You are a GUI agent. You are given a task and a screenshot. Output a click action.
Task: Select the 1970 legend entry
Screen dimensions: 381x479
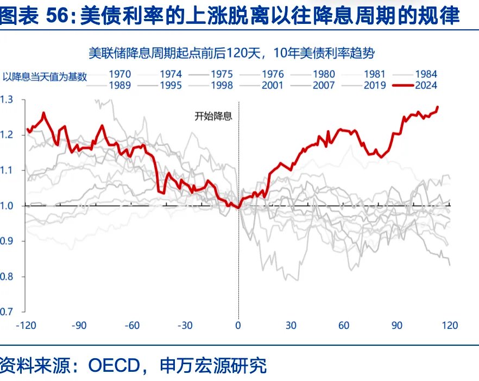119,74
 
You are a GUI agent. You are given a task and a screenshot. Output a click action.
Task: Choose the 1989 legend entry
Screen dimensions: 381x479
119,85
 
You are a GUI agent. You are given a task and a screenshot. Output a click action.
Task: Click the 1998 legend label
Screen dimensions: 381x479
222,85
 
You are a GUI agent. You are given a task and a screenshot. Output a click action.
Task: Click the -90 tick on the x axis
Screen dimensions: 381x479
80,326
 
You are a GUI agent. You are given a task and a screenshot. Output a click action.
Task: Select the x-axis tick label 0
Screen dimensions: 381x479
238,326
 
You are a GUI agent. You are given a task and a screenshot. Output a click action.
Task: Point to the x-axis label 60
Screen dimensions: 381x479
344,326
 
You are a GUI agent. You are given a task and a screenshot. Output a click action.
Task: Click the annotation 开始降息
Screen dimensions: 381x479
213,116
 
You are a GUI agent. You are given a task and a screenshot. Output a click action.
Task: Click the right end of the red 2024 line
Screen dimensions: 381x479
438,107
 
